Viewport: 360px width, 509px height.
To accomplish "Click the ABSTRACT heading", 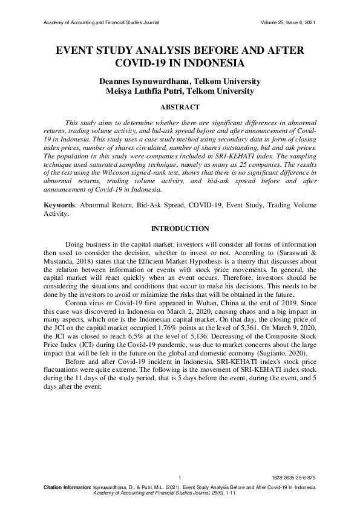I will (x=179, y=107).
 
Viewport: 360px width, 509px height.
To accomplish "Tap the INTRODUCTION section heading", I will (x=180, y=229).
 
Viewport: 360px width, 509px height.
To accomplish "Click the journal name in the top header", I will (x=102, y=23).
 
